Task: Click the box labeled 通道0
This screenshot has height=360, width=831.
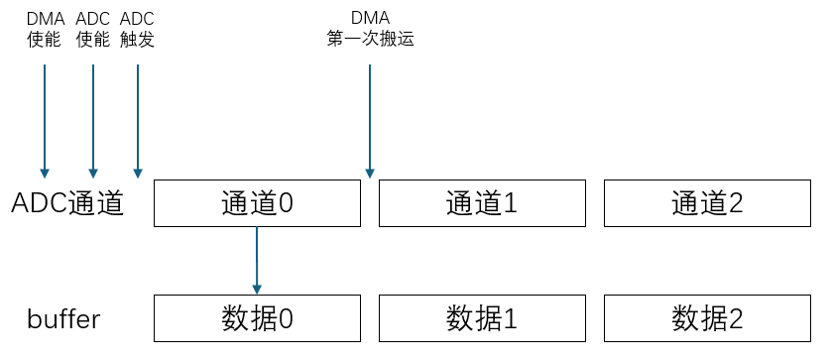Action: [x=257, y=203]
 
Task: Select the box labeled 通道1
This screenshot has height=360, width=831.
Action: [x=482, y=203]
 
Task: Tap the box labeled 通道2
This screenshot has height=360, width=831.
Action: [x=707, y=203]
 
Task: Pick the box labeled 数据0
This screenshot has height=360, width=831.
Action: [x=257, y=318]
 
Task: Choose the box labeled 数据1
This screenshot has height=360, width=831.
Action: [x=482, y=318]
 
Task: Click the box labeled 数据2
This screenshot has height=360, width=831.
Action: [x=707, y=318]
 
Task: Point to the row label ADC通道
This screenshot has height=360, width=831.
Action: [x=67, y=203]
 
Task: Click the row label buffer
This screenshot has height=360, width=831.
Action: [x=63, y=319]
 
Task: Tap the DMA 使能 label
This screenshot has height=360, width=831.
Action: [x=46, y=30]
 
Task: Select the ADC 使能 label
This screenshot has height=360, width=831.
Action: [x=93, y=30]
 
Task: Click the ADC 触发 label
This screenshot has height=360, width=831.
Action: [x=137, y=30]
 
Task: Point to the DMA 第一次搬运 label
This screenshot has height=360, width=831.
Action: [x=370, y=30]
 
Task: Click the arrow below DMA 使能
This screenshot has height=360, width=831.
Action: [x=45, y=119]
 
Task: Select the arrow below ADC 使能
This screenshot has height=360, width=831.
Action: [x=93, y=119]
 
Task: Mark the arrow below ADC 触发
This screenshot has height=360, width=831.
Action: [x=137, y=119]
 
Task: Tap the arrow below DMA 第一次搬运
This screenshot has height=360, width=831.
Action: [x=370, y=119]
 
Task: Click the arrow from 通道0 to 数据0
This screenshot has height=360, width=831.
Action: [x=257, y=258]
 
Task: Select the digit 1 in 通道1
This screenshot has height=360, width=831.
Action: [x=511, y=203]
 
